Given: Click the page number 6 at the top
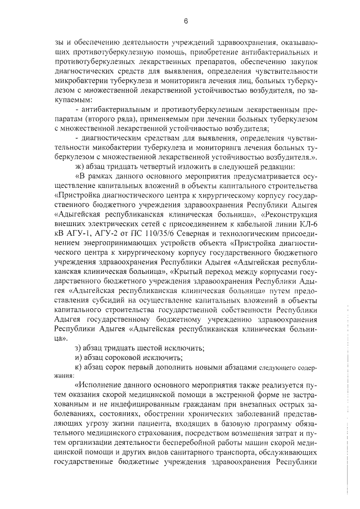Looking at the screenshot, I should [185, 21].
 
